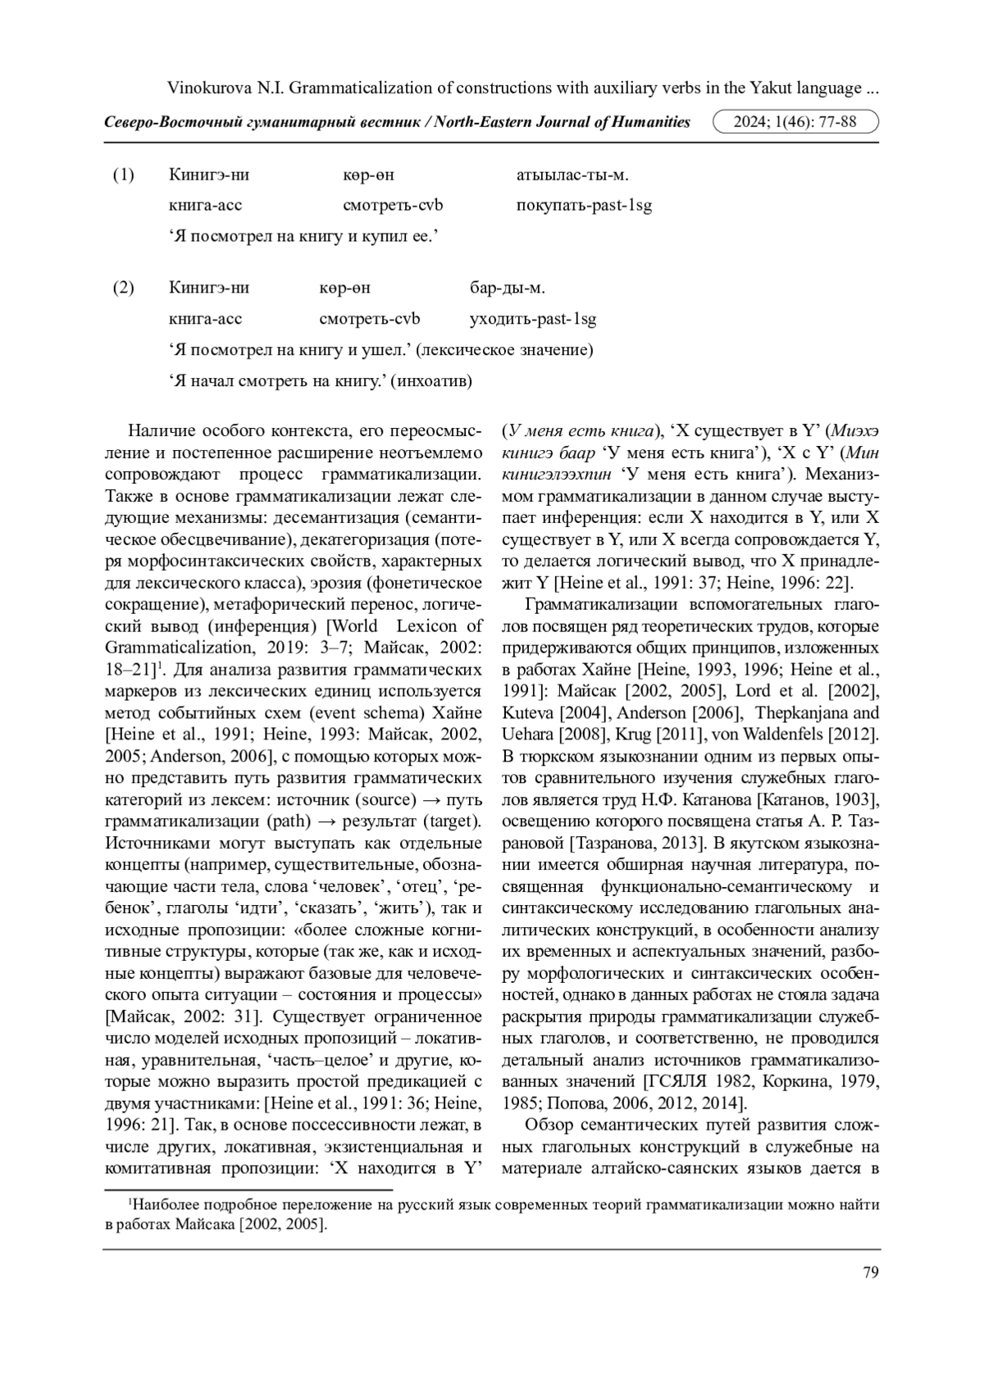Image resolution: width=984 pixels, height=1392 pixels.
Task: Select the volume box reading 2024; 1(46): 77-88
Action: click(x=795, y=122)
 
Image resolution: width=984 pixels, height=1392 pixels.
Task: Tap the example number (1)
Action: click(x=123, y=175)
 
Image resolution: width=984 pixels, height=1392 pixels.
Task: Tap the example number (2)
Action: click(x=123, y=288)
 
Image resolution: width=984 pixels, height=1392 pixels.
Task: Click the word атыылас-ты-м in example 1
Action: click(x=572, y=175)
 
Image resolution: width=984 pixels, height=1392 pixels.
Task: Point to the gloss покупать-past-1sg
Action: click(x=584, y=206)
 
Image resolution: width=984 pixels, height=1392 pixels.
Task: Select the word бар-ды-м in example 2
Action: click(x=507, y=288)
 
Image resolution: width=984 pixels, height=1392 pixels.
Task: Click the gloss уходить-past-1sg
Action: click(x=532, y=319)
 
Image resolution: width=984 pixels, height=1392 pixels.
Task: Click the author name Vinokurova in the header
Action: click(x=207, y=88)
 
